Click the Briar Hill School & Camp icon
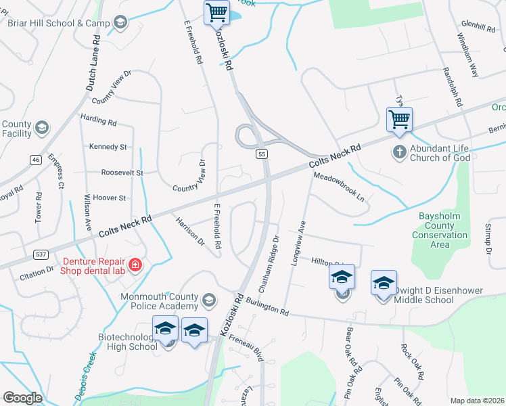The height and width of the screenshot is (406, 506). pos(120,23)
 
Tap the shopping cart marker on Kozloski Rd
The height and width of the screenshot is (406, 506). pos(216,12)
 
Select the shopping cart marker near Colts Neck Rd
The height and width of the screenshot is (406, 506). pos(399,119)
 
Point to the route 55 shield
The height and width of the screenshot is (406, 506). pos(262,154)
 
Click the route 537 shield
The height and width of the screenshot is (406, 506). pos(40,254)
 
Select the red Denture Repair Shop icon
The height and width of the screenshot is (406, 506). pos(135,264)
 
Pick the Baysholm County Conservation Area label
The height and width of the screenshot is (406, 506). pos(439,231)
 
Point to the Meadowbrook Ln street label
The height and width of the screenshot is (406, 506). pos(339,186)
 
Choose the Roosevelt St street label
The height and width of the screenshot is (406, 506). pos(122,173)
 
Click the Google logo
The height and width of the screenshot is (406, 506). pos(22,398)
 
